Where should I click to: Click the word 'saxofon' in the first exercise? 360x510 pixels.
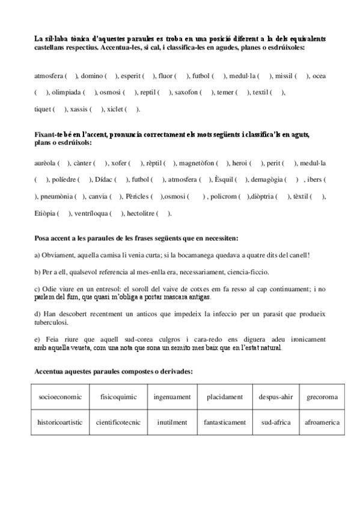tap(188, 92)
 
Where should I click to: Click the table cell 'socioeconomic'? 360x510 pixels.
tap(58, 397)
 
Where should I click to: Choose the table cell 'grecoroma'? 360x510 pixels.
tap(322, 397)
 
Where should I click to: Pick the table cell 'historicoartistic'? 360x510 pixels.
tap(58, 422)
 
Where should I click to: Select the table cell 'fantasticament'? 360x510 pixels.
tap(224, 422)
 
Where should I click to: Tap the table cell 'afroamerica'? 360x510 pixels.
tap(322, 422)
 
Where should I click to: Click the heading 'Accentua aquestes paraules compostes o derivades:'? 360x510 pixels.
tap(114, 372)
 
